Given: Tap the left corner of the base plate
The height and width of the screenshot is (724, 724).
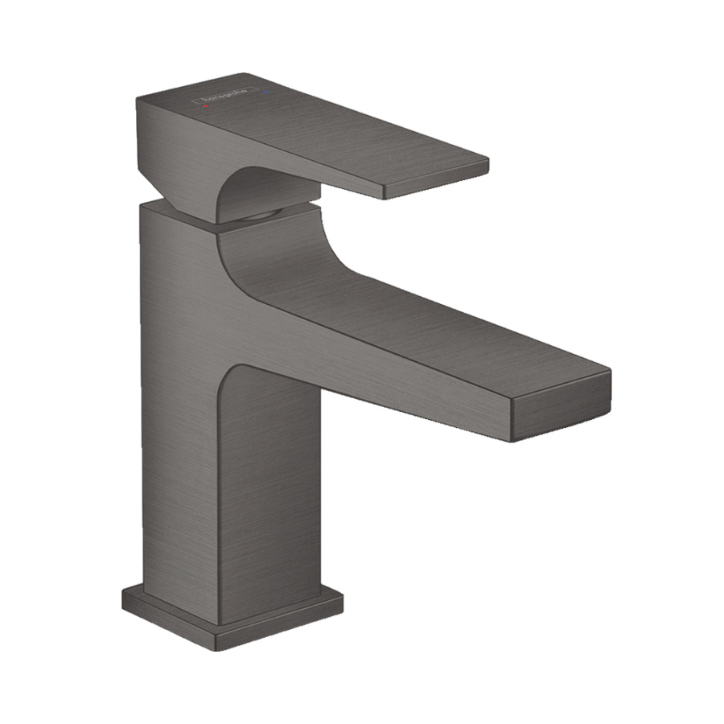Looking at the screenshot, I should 124,595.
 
